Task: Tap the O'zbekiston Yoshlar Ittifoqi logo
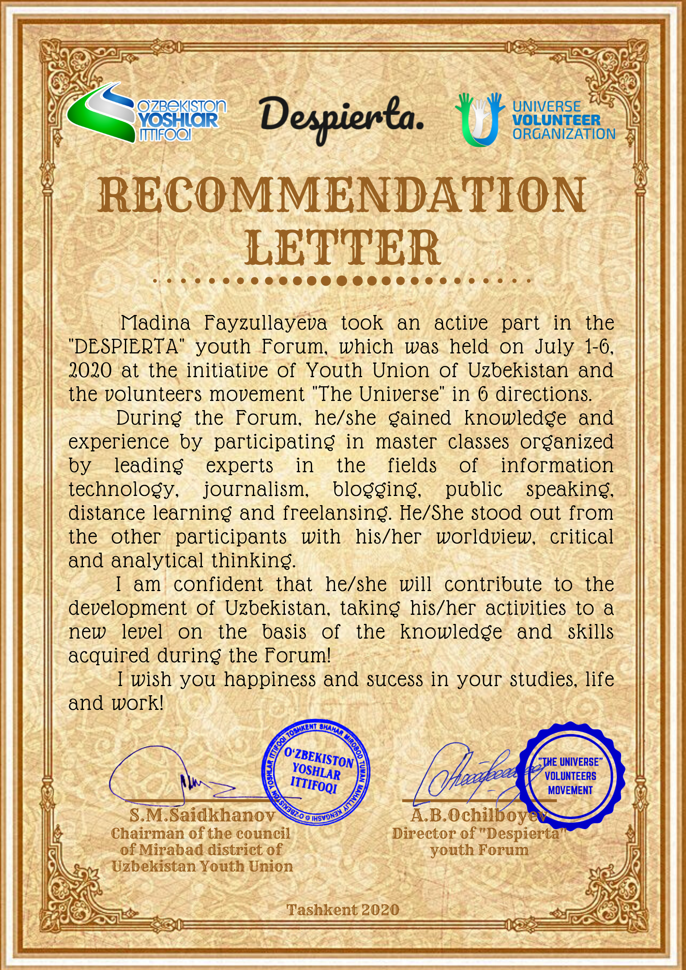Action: click(146, 114)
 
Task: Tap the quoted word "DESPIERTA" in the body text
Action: click(124, 347)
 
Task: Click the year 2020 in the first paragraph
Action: click(90, 371)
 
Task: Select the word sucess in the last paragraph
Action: click(395, 680)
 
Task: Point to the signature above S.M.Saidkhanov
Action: click(173, 776)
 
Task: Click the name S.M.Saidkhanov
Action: click(202, 815)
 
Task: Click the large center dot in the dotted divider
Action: click(341, 281)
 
